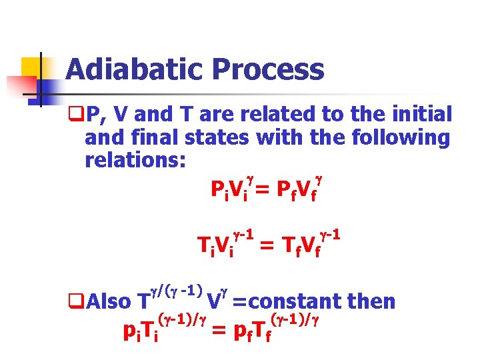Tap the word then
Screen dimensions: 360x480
click(x=370, y=301)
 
